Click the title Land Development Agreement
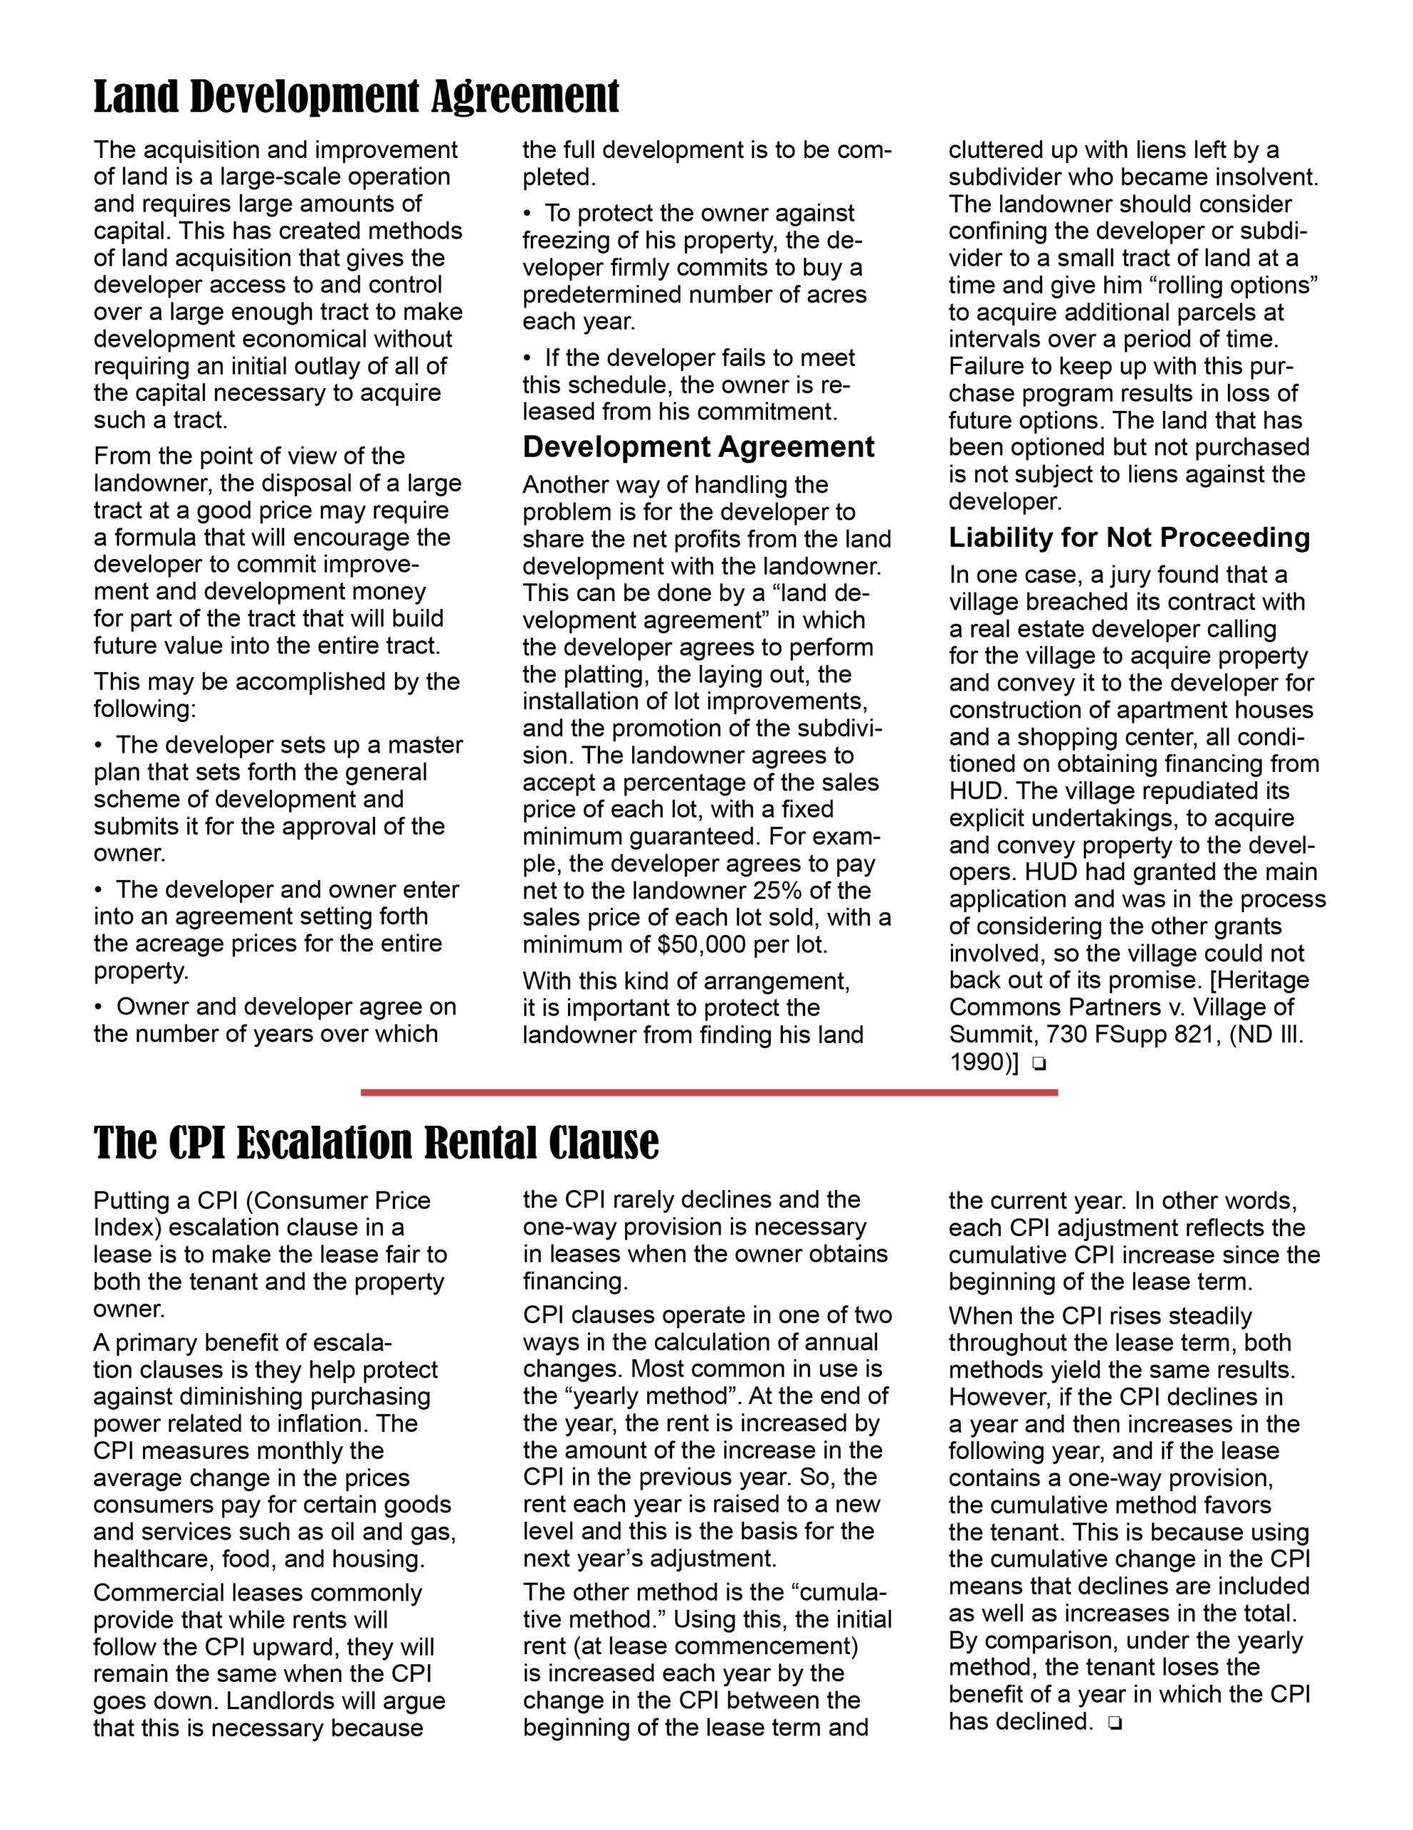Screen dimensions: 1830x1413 tap(356, 97)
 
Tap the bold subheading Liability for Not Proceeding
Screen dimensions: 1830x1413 tap(1128, 537)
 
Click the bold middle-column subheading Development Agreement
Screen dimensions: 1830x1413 tap(698, 447)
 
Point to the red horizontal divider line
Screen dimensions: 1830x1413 tap(709, 1092)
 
